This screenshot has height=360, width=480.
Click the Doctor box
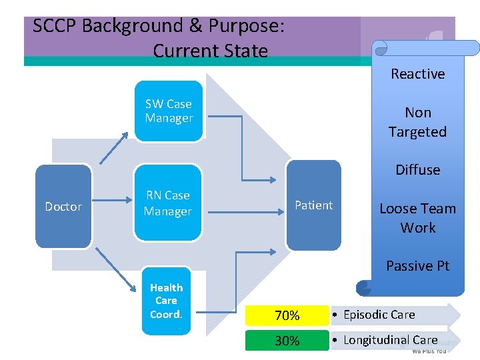pyautogui.click(x=63, y=207)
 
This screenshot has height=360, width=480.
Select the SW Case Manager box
pyautogui.click(x=169, y=111)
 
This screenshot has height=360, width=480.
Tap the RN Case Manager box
pyautogui.click(x=168, y=203)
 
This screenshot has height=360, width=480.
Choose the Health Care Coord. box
pyautogui.click(x=166, y=301)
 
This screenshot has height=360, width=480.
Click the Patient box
pyautogui.click(x=313, y=205)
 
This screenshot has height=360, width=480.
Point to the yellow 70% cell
pyautogui.click(x=287, y=315)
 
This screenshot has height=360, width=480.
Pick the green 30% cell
pyautogui.click(x=287, y=341)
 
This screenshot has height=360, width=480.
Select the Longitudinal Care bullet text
pyautogui.click(x=390, y=340)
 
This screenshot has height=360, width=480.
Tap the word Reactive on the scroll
pyautogui.click(x=417, y=74)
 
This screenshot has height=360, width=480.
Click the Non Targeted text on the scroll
pyautogui.click(x=417, y=122)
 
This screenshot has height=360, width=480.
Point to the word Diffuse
pyautogui.click(x=417, y=170)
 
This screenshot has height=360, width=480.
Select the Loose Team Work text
pyautogui.click(x=417, y=218)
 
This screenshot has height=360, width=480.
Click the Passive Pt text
pyautogui.click(x=417, y=266)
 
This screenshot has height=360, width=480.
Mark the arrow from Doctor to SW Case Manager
pyautogui.click(x=115, y=147)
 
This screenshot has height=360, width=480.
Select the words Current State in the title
pyautogui.click(x=210, y=51)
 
